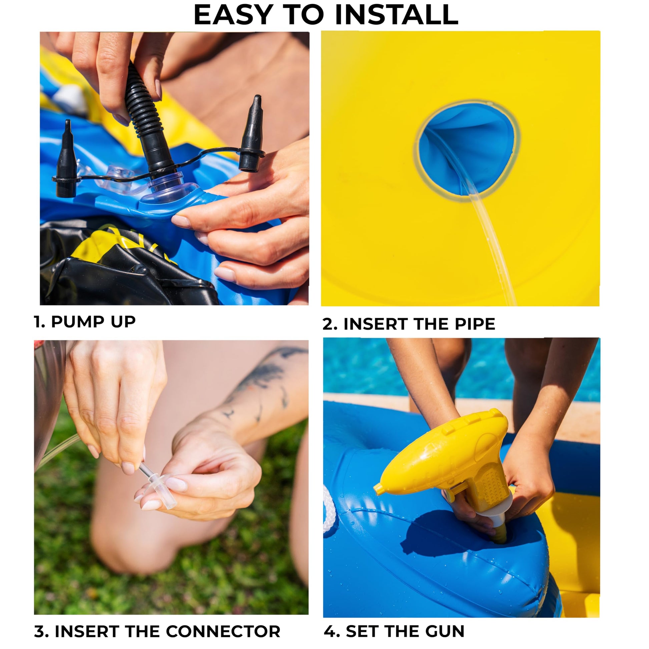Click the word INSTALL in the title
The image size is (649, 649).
pos(397,15)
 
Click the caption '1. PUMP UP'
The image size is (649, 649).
pos(85,321)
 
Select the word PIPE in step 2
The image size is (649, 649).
pos(475,324)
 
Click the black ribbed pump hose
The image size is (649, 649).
pos(146,114)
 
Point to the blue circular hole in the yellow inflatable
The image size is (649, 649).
pos(467,149)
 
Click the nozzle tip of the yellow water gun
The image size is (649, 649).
pos(377,490)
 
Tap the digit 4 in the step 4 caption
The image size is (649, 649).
pos(331,631)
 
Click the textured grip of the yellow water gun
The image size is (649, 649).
pos(489,484)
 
